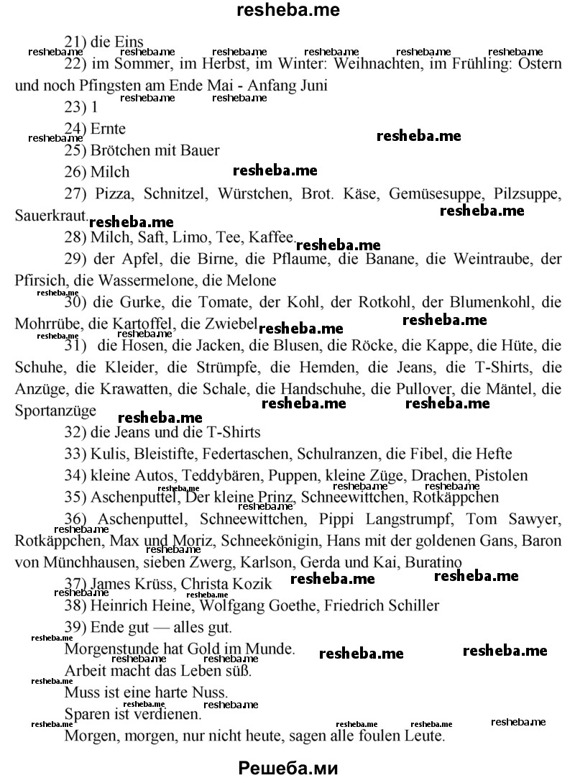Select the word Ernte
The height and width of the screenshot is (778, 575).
click(108, 129)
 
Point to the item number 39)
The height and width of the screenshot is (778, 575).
click(75, 627)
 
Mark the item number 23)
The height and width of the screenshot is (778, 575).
click(75, 107)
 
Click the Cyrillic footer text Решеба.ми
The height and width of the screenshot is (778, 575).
click(287, 766)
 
